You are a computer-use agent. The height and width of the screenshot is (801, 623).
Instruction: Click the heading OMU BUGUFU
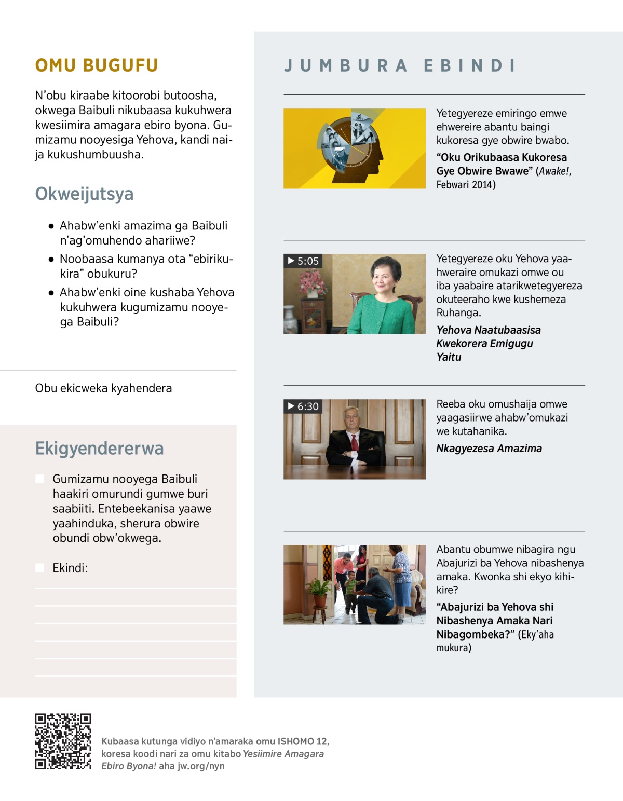click(x=97, y=65)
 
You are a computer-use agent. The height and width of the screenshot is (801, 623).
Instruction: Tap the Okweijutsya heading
click(x=84, y=194)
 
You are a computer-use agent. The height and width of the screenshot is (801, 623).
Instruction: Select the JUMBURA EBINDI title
click(x=400, y=66)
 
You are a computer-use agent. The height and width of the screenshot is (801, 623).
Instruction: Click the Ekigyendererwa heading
click(x=99, y=449)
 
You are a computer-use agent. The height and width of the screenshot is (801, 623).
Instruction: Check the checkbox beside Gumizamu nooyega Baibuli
click(x=40, y=479)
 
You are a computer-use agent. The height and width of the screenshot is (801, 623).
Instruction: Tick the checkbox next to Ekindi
click(x=40, y=568)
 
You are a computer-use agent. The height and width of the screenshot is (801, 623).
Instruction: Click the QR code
click(x=63, y=741)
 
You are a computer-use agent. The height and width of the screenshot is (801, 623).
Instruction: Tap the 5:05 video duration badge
click(x=303, y=261)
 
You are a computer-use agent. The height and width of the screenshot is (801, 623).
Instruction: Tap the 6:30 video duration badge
click(x=303, y=406)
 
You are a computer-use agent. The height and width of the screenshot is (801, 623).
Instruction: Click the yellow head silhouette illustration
click(x=354, y=148)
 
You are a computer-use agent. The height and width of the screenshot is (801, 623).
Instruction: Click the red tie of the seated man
click(x=355, y=442)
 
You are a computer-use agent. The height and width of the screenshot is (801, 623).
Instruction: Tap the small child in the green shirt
click(x=351, y=589)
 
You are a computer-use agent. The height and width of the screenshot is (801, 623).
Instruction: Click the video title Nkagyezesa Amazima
click(x=489, y=449)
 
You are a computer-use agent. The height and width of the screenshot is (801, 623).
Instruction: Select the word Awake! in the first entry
click(x=555, y=171)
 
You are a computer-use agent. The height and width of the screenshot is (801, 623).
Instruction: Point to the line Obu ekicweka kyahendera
click(x=103, y=388)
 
